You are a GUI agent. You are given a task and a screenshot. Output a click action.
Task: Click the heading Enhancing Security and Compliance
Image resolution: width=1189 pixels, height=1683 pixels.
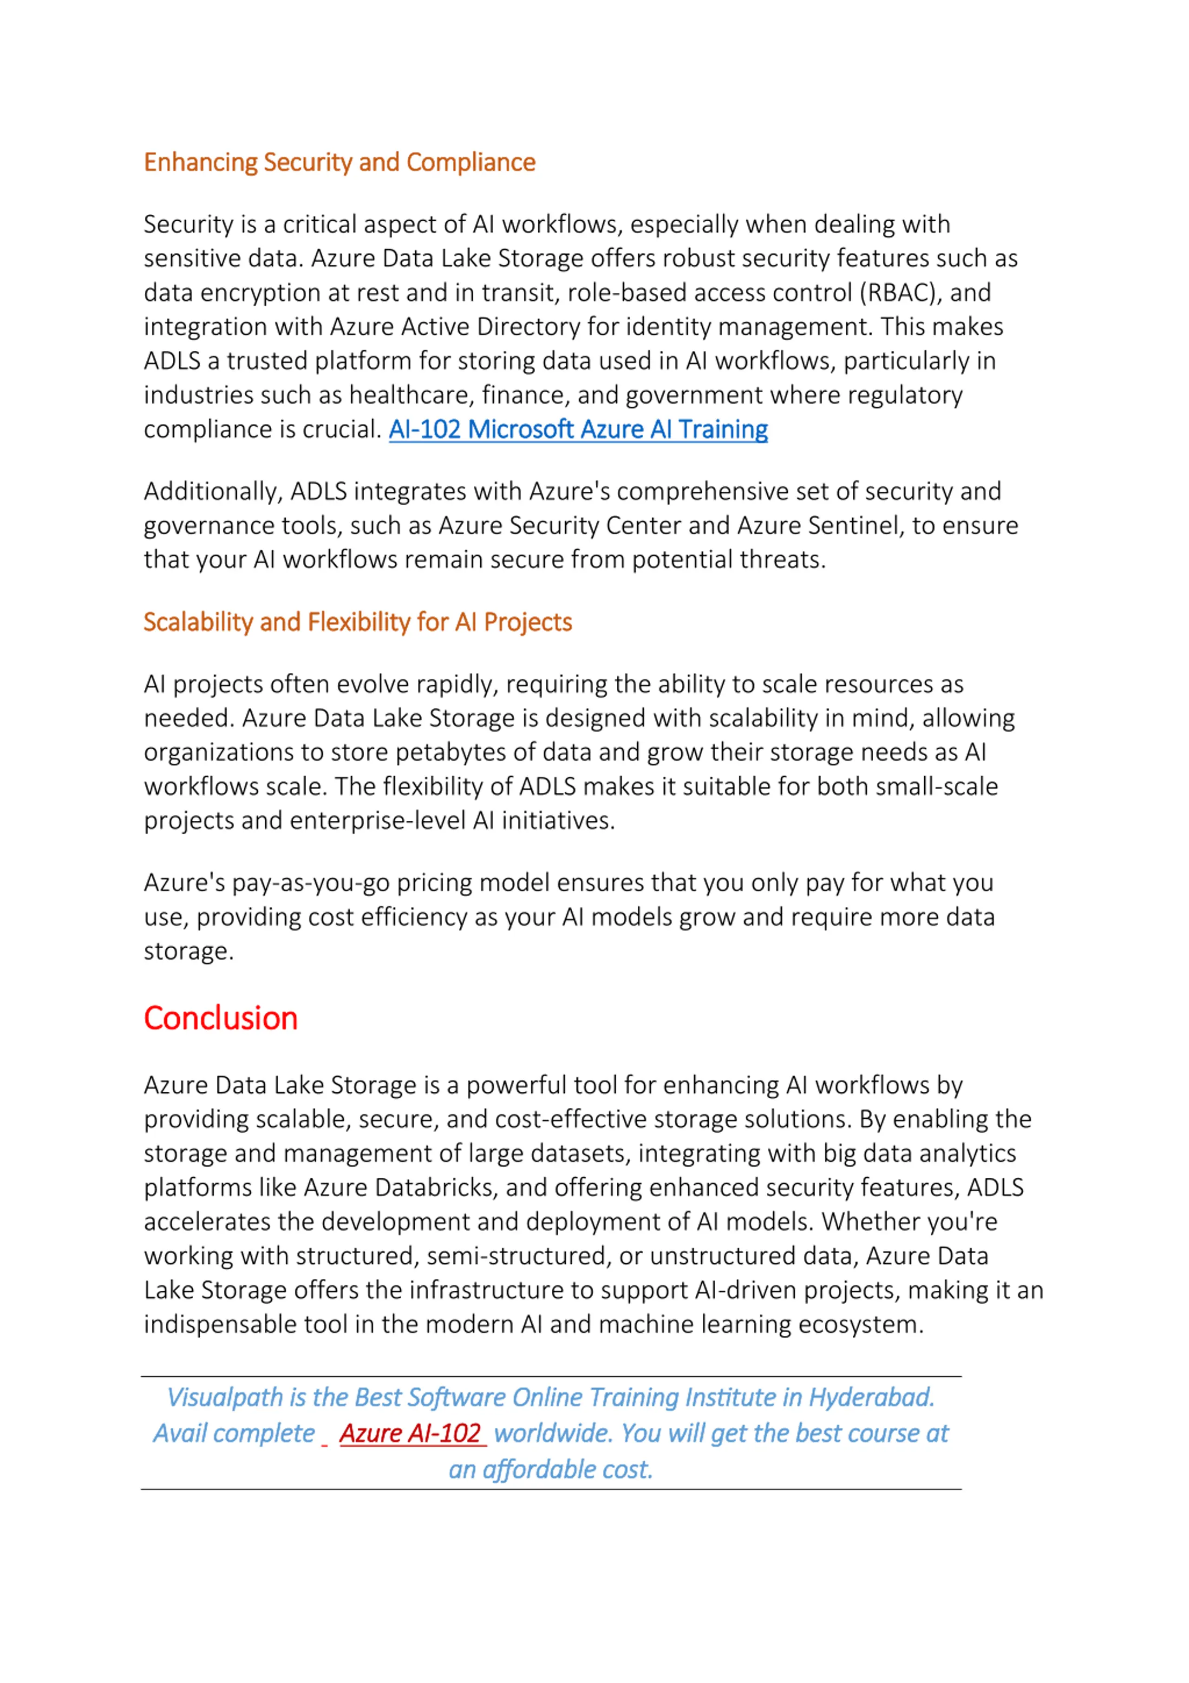pyautogui.click(x=339, y=162)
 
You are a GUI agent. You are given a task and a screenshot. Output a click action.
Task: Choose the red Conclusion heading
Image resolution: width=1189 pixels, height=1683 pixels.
pyautogui.click(x=221, y=1018)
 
